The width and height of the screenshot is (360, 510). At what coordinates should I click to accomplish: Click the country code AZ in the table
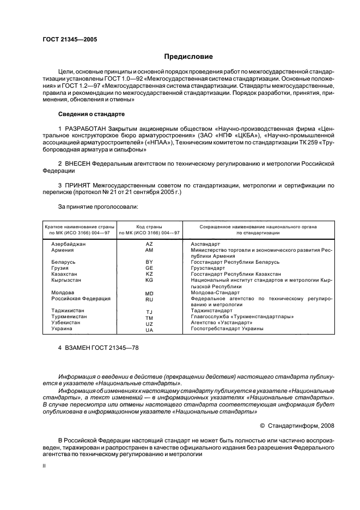click(149, 245)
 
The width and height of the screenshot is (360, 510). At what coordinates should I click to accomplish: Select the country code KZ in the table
click(149, 274)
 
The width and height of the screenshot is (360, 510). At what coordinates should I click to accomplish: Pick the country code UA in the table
click(149, 330)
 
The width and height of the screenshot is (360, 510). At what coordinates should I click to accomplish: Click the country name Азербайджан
click(69, 244)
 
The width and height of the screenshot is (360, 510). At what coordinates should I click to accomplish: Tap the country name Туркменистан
click(70, 316)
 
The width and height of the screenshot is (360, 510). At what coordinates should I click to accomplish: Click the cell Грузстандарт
click(208, 268)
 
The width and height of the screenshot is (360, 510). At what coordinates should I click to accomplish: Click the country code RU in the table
click(149, 300)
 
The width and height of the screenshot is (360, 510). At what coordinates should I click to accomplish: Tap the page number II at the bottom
click(45, 466)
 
